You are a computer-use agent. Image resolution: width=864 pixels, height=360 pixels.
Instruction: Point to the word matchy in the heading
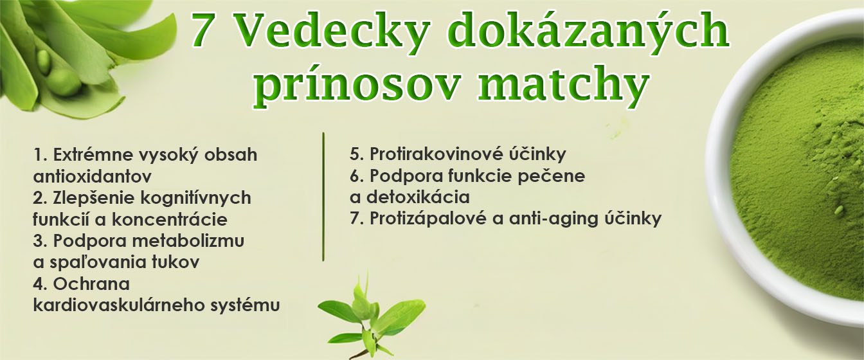tap(564, 84)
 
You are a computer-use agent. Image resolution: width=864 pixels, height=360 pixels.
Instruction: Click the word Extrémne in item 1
tap(93, 155)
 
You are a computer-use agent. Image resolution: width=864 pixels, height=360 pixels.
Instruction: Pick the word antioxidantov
tap(92, 176)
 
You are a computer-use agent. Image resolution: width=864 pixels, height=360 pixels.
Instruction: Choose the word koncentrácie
tap(170, 220)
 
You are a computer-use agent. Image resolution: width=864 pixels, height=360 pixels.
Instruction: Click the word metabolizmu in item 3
tap(188, 241)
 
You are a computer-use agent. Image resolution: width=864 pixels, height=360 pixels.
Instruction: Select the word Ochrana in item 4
tap(91, 284)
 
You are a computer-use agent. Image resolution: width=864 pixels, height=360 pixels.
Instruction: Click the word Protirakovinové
tap(436, 154)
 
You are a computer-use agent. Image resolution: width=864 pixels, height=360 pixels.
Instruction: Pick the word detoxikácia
tap(418, 197)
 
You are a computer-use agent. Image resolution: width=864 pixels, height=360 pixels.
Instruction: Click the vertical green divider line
tap(323, 197)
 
